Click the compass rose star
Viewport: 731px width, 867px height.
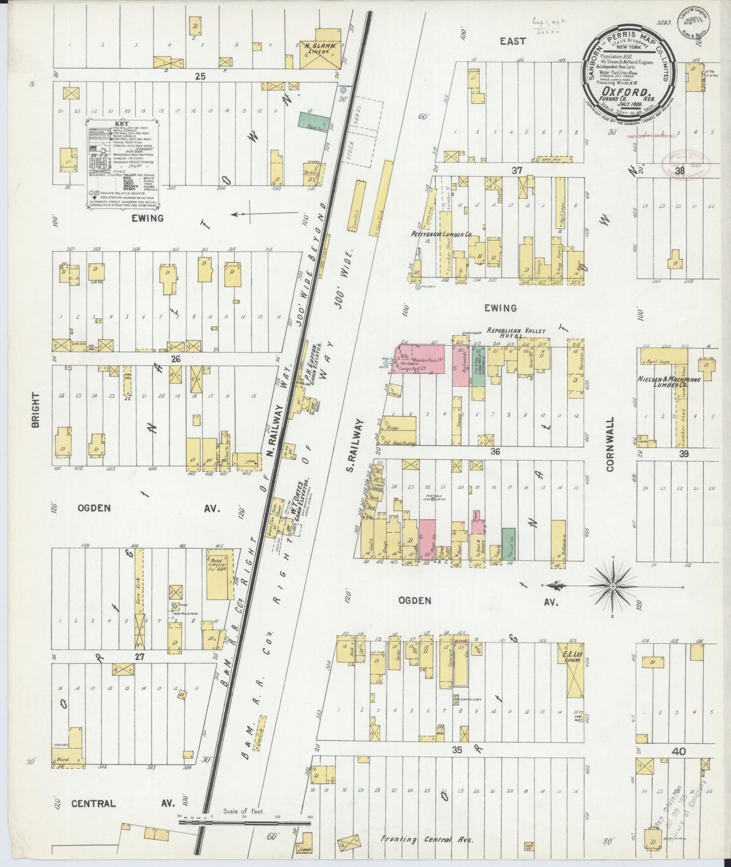pyautogui.click(x=612, y=586)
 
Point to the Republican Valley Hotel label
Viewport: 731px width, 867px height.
pyautogui.click(x=516, y=333)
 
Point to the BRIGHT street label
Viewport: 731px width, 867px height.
pyautogui.click(x=35, y=411)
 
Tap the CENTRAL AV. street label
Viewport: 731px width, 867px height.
pyautogui.click(x=122, y=803)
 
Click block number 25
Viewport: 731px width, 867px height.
pyautogui.click(x=201, y=76)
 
